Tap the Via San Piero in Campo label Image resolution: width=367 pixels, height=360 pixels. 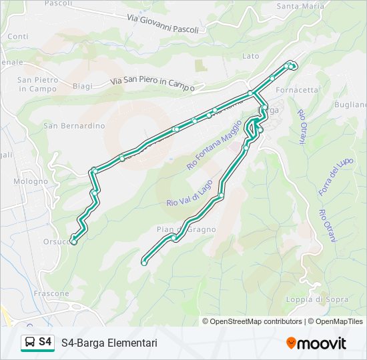click(152, 83)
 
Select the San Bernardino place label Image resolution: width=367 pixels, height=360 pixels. click(74, 125)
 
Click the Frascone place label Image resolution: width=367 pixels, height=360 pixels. click(51, 293)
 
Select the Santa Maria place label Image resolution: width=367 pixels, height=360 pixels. click(300, 7)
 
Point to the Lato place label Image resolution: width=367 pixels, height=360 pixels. click(250, 56)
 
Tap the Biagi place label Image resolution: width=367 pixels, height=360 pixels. click(82, 86)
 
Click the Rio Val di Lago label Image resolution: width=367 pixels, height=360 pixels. click(190, 193)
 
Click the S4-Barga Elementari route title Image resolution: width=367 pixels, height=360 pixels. click(109, 343)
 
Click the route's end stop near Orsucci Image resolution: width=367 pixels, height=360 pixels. click(73, 242)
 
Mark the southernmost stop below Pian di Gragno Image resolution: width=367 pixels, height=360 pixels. click(144, 263)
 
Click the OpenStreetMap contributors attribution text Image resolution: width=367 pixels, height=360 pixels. click(256, 321)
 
